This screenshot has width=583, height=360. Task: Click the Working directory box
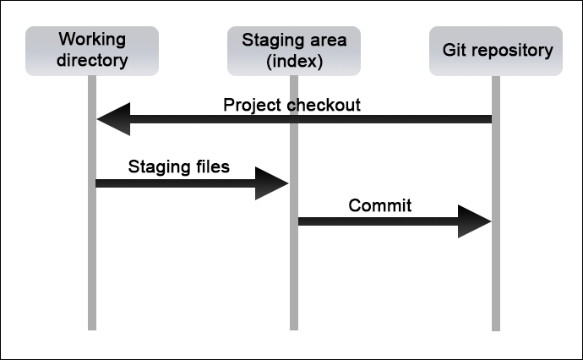[x=92, y=51]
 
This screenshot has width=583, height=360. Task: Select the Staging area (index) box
[x=294, y=51]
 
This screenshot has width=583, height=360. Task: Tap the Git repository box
[x=496, y=51]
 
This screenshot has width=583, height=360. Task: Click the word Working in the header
[x=92, y=40]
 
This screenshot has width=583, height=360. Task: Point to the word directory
[x=92, y=60]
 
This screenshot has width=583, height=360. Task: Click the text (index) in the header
[x=295, y=61]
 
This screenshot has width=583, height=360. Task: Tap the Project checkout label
[x=291, y=106]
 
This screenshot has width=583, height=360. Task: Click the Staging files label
[x=179, y=166]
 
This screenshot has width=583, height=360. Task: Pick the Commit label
[x=380, y=205]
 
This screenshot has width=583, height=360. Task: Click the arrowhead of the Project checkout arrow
[x=113, y=119]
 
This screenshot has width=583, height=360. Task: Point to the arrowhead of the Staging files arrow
[x=272, y=183]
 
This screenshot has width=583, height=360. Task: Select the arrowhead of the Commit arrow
[x=475, y=221]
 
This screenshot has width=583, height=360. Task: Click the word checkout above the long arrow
[x=324, y=106]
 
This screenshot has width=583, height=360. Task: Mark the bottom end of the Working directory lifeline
[x=92, y=330]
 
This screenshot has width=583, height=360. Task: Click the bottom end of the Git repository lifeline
[x=496, y=330]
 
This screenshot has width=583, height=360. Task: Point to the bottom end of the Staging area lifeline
[x=294, y=330]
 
